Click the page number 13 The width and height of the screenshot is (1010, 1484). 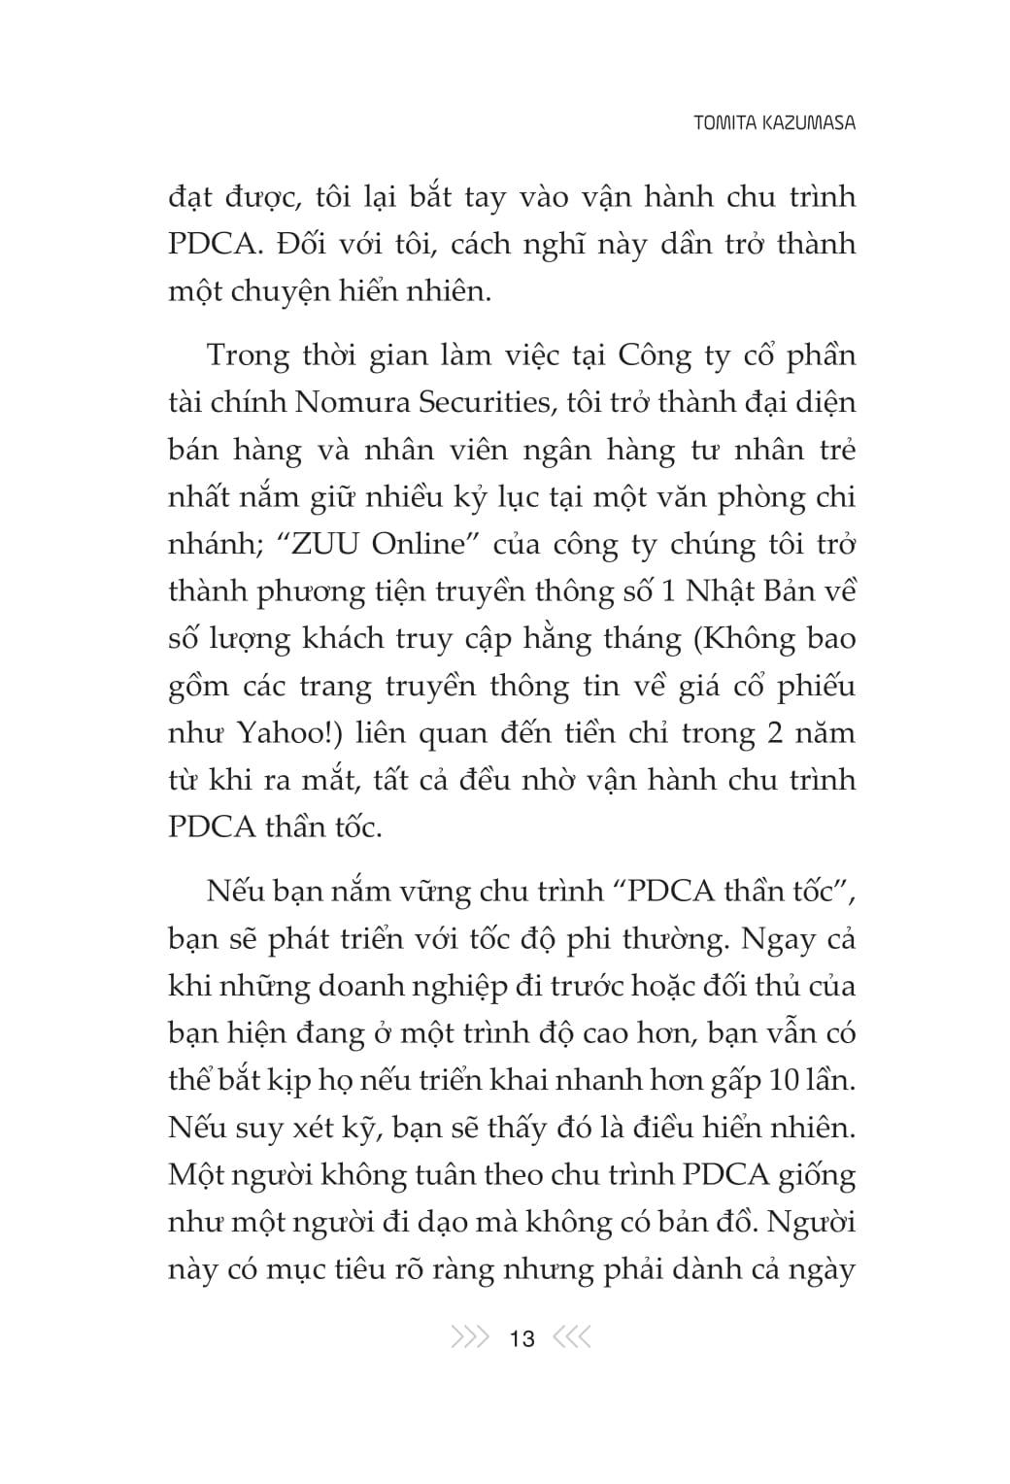[522, 1339]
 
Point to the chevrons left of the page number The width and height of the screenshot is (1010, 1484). [471, 1338]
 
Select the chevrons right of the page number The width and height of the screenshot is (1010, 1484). [571, 1338]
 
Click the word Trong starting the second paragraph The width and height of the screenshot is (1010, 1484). [249, 355]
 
